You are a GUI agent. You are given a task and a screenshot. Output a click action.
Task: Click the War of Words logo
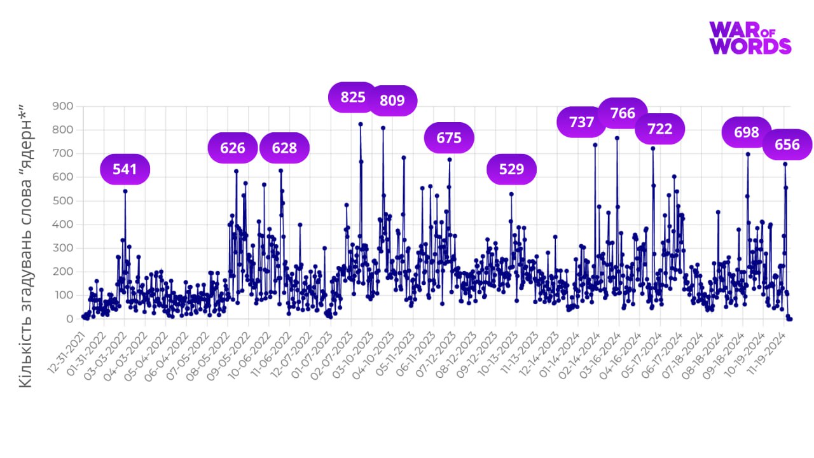pyautogui.click(x=750, y=38)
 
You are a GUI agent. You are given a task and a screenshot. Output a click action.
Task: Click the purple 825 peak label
pyautogui.click(x=353, y=97)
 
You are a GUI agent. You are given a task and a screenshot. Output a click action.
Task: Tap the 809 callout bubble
pyautogui.click(x=392, y=101)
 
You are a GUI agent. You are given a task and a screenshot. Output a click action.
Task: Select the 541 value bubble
pyautogui.click(x=125, y=169)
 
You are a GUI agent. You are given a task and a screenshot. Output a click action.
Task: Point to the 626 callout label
pyautogui.click(x=233, y=148)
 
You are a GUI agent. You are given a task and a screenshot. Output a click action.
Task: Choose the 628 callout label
pyautogui.click(x=284, y=148)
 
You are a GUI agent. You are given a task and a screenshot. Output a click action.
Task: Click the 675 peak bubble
pyautogui.click(x=448, y=137)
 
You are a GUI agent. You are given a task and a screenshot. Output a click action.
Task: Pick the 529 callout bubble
pyautogui.click(x=511, y=169)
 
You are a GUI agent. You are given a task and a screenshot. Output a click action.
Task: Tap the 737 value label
pyautogui.click(x=581, y=122)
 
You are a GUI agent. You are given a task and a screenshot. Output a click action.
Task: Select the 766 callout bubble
pyautogui.click(x=623, y=113)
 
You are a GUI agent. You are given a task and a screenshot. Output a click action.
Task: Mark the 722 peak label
pyautogui.click(x=659, y=129)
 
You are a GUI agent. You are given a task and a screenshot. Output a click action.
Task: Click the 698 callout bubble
pyautogui.click(x=747, y=132)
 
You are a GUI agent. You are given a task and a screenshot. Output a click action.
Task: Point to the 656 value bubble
pyautogui.click(x=787, y=145)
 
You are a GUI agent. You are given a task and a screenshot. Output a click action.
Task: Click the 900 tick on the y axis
pyautogui.click(x=64, y=106)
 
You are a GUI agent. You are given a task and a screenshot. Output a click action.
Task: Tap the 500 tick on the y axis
pyautogui.click(x=64, y=201)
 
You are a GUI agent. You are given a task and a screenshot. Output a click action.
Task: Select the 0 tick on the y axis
pyautogui.click(x=70, y=319)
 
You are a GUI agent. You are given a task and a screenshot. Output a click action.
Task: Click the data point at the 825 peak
pyautogui.click(x=361, y=124)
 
